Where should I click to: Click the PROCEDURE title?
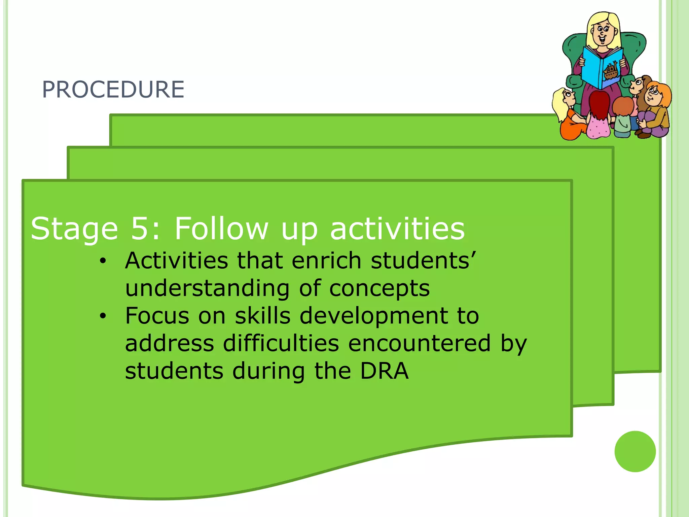coord(113,90)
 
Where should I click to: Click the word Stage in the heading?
coord(74,229)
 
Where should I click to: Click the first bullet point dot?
coord(103,261)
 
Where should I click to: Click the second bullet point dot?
coord(103,316)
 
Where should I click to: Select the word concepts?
coord(379,289)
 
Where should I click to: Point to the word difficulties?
coord(281,344)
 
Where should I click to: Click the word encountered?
coord(419,344)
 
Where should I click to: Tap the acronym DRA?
coord(384,371)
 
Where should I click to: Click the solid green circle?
coord(635,451)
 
